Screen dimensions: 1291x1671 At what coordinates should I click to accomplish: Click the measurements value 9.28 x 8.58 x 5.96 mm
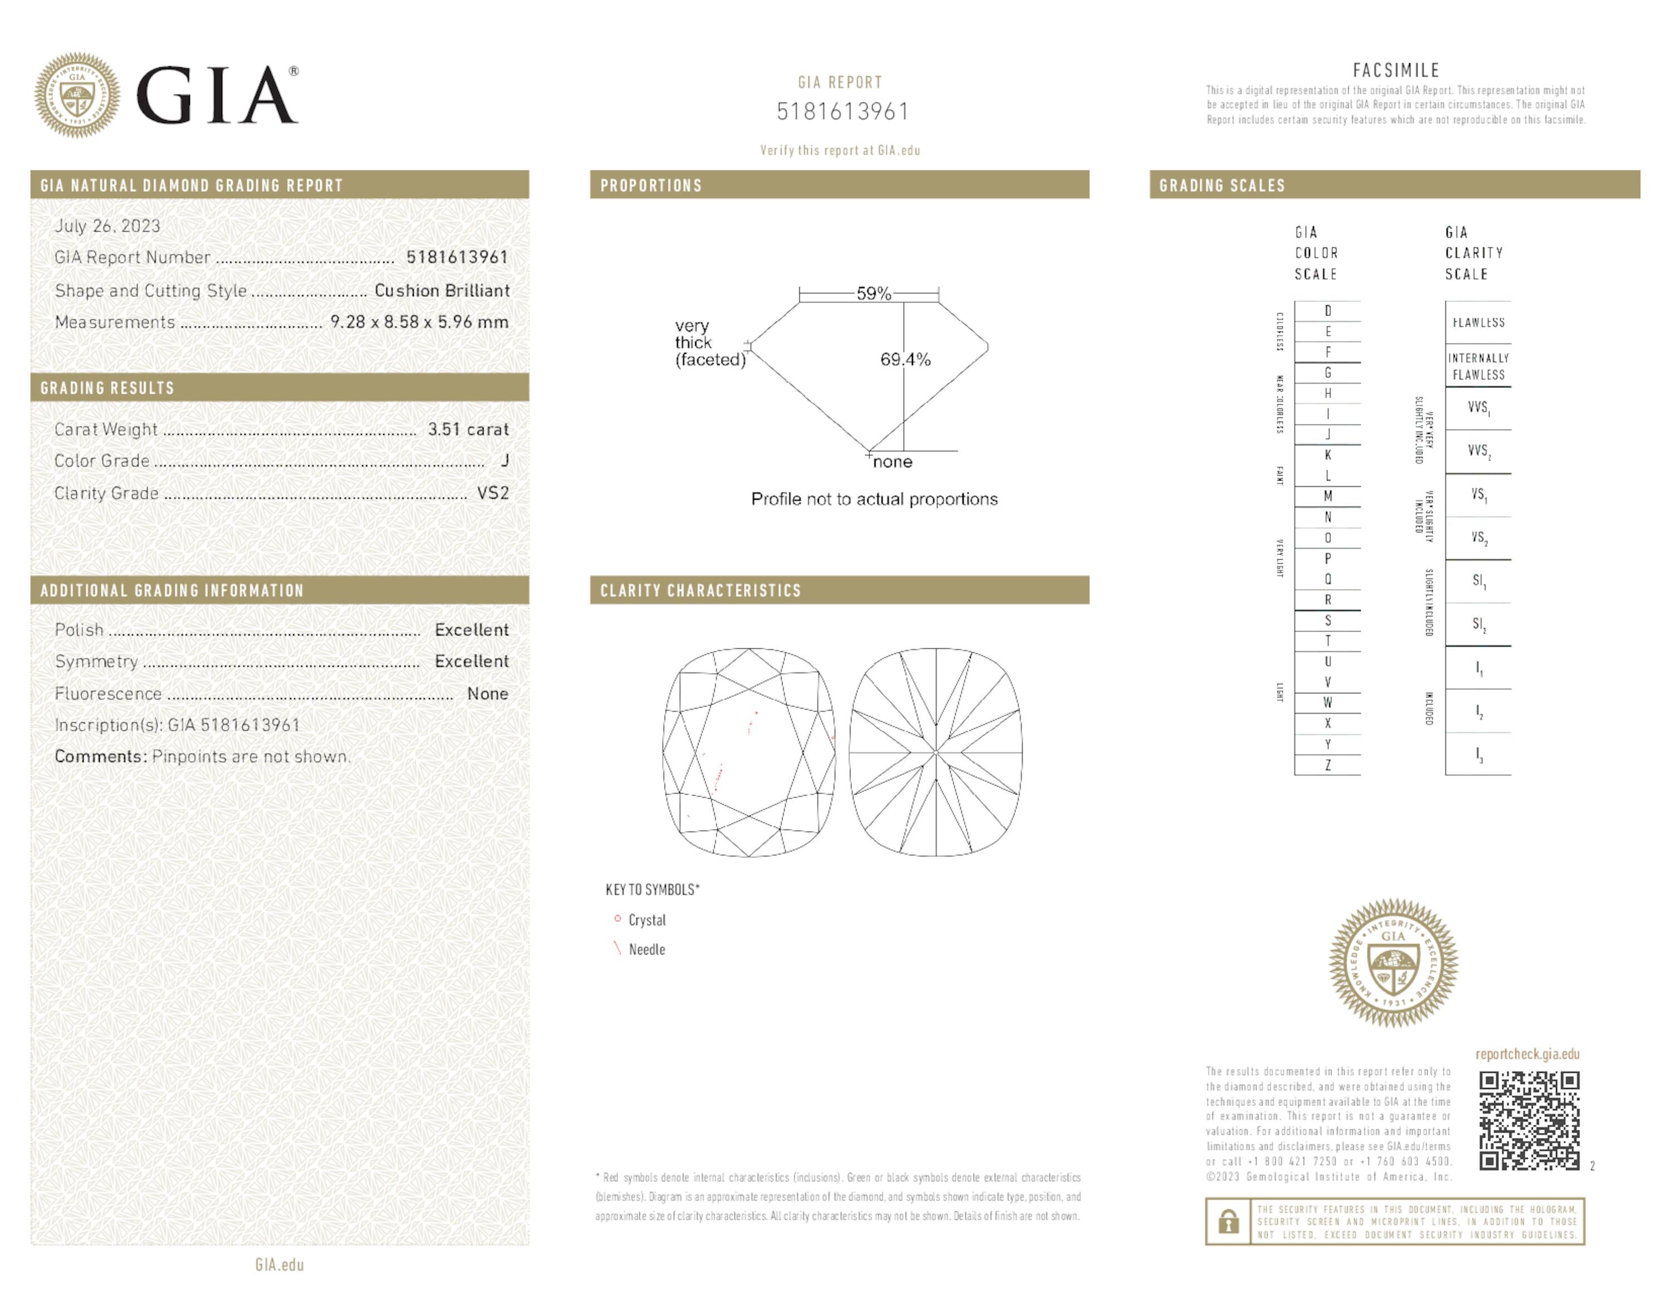point(419,322)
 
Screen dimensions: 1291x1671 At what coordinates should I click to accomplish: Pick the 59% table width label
point(873,294)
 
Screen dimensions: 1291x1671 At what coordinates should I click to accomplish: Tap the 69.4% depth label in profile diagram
point(905,359)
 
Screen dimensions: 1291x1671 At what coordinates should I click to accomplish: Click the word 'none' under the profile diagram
point(892,462)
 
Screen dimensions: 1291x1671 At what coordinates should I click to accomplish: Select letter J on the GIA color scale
point(1327,434)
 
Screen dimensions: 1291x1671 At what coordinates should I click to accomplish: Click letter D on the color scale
point(1327,311)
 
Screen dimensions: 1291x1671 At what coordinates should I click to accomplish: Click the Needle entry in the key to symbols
point(647,949)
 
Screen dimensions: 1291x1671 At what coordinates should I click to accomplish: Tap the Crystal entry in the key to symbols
point(647,920)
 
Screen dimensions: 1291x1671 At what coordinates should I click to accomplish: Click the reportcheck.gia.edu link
point(1527,1054)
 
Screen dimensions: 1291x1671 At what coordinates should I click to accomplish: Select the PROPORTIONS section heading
point(651,185)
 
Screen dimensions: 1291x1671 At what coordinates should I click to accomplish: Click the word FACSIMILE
point(1395,70)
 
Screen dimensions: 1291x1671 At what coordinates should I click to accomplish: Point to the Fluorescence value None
point(487,694)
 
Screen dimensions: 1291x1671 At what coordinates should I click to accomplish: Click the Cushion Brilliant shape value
point(442,291)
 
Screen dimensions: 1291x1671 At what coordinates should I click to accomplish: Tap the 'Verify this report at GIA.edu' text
point(839,151)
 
